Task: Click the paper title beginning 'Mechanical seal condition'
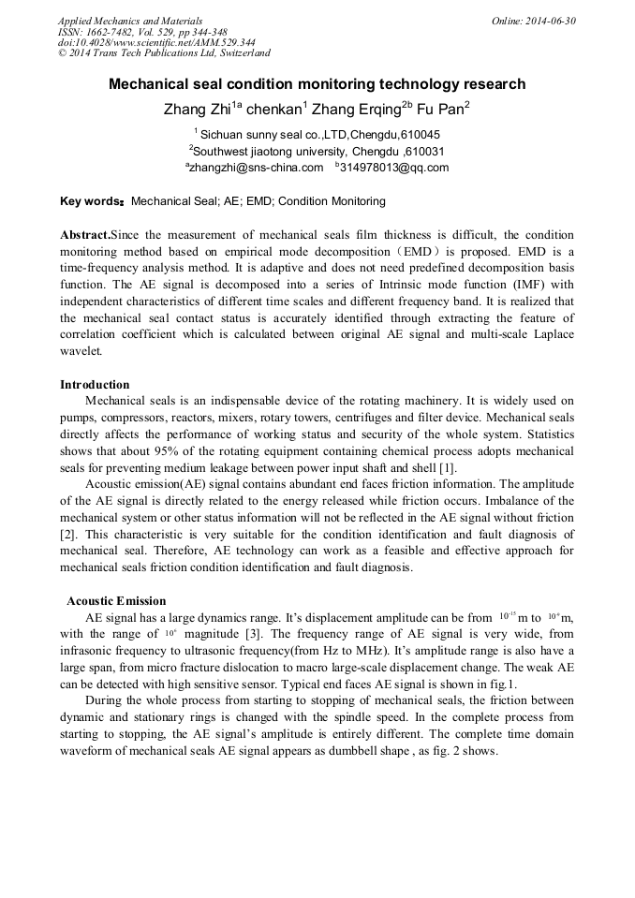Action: (x=317, y=84)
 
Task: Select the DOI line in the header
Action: (x=156, y=42)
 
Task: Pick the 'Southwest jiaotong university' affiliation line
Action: (x=317, y=151)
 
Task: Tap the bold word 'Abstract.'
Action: (x=85, y=234)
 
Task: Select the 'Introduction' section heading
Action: (x=95, y=384)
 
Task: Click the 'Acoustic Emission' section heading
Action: (x=117, y=600)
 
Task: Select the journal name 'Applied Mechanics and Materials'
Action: (x=130, y=21)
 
